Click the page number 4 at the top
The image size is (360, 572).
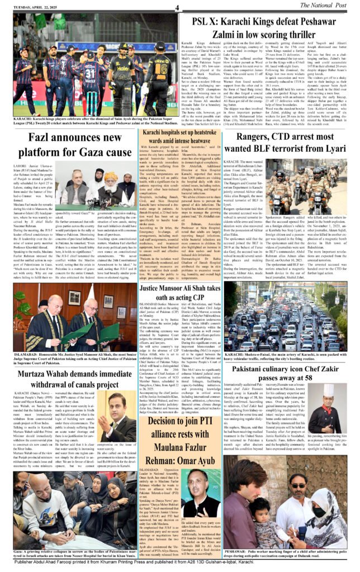(x=177, y=7)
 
